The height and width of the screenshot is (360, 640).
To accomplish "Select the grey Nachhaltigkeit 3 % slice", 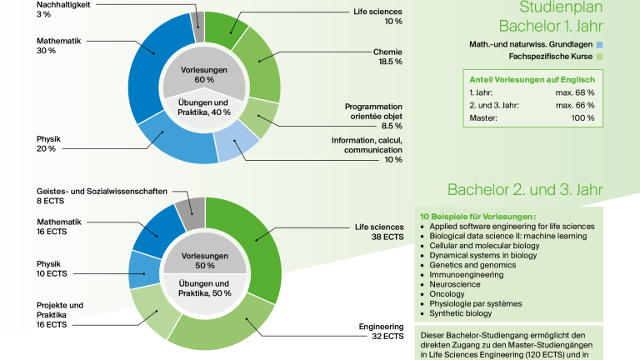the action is pos(198,27).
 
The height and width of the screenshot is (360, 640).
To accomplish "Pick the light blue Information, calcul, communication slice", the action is pos(236,145).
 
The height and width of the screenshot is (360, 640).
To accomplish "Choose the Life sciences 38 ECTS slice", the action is pos(257,245).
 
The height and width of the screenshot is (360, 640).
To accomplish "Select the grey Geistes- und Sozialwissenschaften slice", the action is pos(191,213).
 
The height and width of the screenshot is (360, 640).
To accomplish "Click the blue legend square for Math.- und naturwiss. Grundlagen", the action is pos(599,44).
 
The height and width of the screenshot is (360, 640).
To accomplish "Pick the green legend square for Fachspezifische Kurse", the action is pos(599,57).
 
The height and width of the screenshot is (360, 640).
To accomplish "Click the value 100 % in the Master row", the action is pos(582,118).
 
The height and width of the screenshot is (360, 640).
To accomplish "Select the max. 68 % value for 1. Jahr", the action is pos(575,92).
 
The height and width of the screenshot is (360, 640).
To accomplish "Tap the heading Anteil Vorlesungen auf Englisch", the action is pos(532,80).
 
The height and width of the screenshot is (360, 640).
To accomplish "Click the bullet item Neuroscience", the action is pos(455,284).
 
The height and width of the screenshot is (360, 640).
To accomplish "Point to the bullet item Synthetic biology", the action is pos(460,313).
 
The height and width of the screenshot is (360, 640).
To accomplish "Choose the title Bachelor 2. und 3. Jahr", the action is pos(525,190).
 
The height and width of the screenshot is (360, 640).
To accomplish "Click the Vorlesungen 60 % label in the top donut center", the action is pos(204,75).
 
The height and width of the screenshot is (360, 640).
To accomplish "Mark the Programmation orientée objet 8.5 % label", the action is pos(373,117).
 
